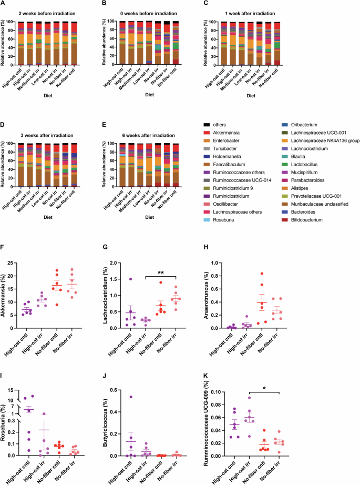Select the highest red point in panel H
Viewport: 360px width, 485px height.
click(321, 274)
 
